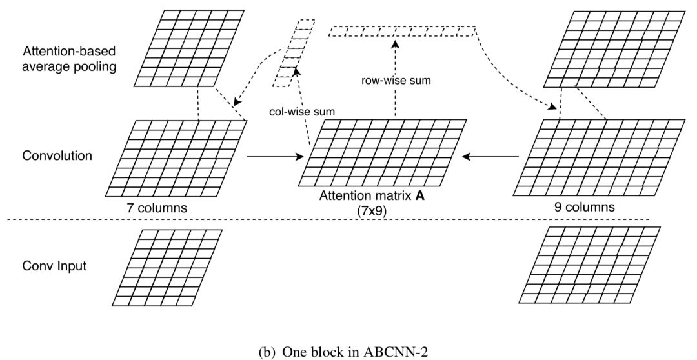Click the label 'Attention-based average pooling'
(x=69, y=59)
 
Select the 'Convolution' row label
(x=57, y=155)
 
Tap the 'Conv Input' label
(x=54, y=266)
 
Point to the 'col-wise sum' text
(x=302, y=112)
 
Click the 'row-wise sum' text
(x=396, y=81)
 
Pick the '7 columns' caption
(x=156, y=207)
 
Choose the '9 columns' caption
(x=585, y=206)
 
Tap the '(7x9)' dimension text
(x=372, y=212)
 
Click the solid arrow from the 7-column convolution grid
(x=275, y=156)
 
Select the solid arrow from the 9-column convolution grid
(x=490, y=156)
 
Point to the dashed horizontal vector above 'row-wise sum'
(x=402, y=32)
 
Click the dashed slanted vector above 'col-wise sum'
(x=294, y=54)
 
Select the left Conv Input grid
(x=167, y=268)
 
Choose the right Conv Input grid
(x=589, y=265)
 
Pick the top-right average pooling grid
(x=614, y=49)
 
